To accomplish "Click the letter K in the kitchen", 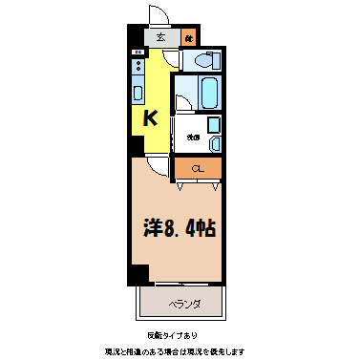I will [x=150, y=118].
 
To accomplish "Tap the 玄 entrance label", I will [x=160, y=38].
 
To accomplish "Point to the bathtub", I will [x=209, y=93].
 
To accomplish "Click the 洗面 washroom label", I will [x=193, y=137].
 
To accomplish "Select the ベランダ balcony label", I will [x=184, y=305].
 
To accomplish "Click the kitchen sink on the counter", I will [x=138, y=94].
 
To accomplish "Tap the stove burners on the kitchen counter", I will [x=138, y=68].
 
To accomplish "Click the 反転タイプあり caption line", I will [x=180, y=336].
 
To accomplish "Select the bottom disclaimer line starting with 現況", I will [x=180, y=351].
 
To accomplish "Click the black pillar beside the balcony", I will [x=140, y=275].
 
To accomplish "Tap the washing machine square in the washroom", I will [x=214, y=124].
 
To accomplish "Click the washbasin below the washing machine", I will [x=214, y=143].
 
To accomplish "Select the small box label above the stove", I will [x=138, y=52].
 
